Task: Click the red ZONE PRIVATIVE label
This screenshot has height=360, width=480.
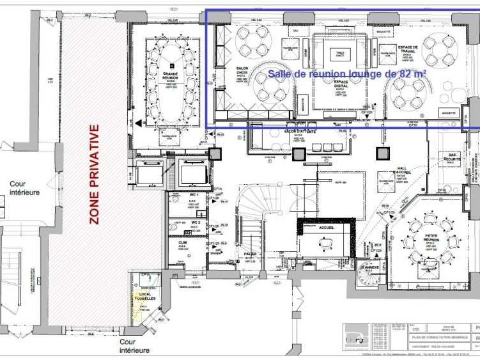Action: pyautogui.click(x=95, y=174)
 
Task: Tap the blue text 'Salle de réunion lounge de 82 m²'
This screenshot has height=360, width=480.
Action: pyautogui.click(x=347, y=74)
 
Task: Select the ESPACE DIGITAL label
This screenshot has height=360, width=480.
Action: pyautogui.click(x=341, y=83)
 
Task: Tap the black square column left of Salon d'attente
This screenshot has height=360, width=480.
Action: pyautogui.click(x=217, y=153)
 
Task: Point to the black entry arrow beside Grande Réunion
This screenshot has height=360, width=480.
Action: pyautogui.click(x=139, y=123)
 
